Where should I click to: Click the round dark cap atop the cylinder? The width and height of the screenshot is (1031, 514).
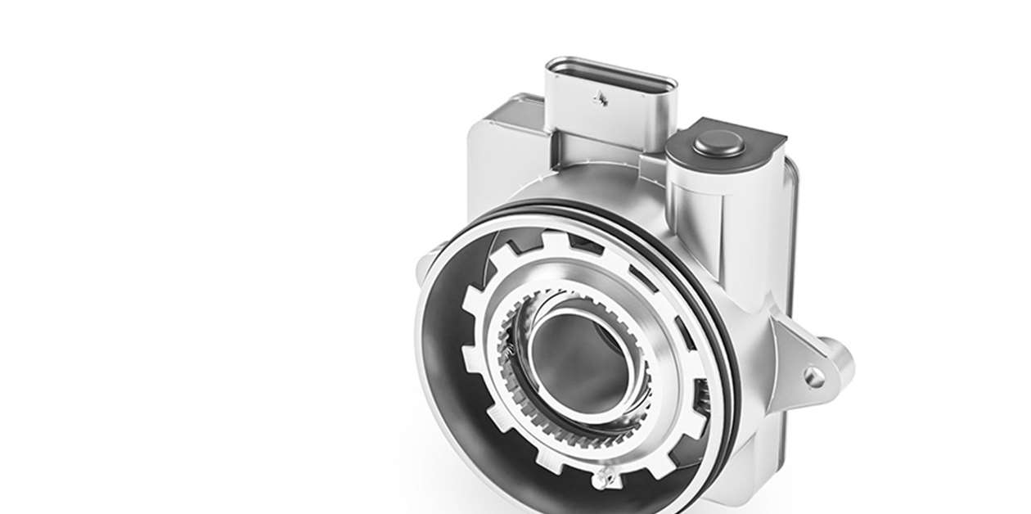coord(719,146)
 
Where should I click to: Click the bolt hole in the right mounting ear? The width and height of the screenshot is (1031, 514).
coord(813,376)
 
